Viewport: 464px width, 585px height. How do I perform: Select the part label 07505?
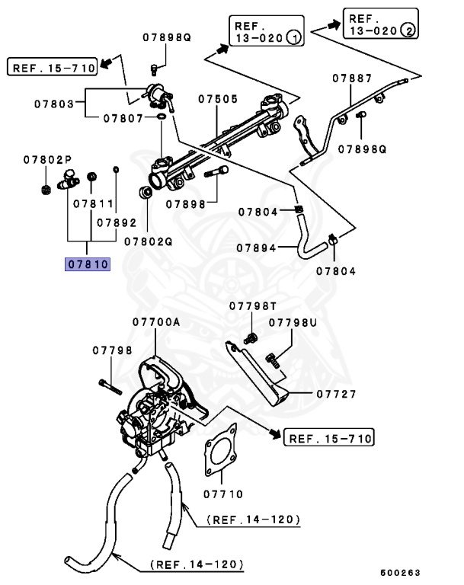pos(219,99)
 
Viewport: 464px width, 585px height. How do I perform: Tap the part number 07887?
pos(352,78)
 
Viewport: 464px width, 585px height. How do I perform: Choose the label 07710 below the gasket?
pos(222,494)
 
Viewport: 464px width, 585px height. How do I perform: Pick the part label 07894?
pos(255,247)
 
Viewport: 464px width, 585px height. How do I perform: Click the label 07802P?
pos(47,160)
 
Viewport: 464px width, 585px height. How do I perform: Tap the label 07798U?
pos(295,323)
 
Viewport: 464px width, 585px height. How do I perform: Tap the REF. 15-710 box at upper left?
pos(53,68)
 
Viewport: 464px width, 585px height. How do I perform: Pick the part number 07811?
pos(93,205)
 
